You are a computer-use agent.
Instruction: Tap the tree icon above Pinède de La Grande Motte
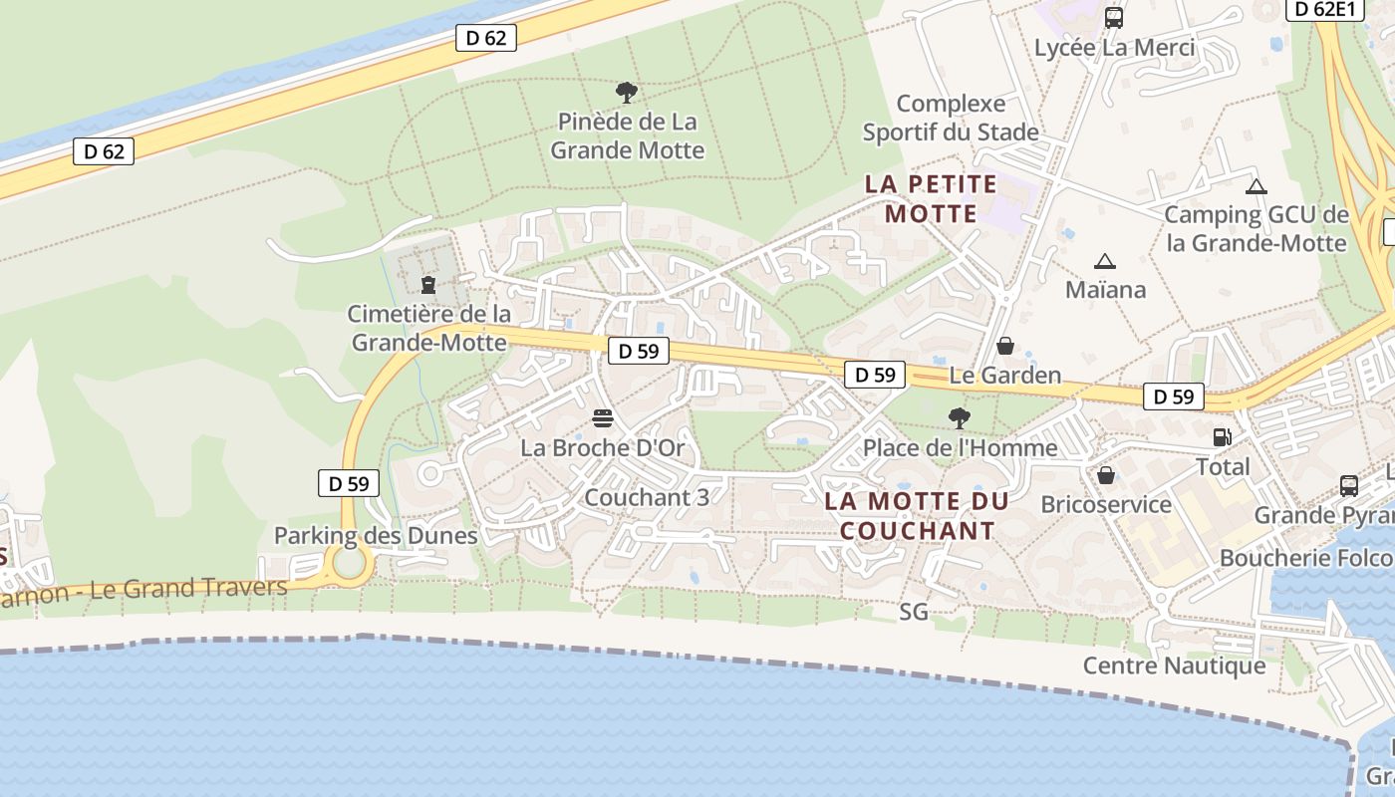(x=627, y=93)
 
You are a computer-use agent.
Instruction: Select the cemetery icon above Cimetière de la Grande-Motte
(x=428, y=285)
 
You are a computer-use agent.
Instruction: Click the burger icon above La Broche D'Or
(x=602, y=417)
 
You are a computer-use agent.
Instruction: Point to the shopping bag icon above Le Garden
(x=1005, y=346)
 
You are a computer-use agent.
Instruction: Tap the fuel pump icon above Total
(x=1222, y=436)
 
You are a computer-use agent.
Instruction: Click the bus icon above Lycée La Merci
(x=1114, y=18)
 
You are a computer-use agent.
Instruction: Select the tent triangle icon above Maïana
(x=1104, y=262)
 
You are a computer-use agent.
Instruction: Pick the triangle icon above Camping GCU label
(x=1256, y=186)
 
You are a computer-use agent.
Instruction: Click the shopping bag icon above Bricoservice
(x=1105, y=474)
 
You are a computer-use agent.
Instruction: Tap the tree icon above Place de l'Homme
(x=960, y=417)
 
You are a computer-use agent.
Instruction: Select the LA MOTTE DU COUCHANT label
(x=917, y=516)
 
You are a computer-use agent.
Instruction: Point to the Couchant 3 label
(x=647, y=497)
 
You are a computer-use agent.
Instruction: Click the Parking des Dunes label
(x=376, y=536)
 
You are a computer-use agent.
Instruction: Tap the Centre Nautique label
(x=1174, y=665)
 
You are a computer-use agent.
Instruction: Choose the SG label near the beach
(x=914, y=612)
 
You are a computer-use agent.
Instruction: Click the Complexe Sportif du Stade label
(x=951, y=118)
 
